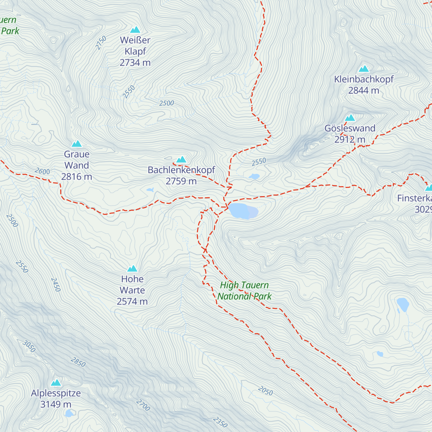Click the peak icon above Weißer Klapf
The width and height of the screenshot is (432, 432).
click(135, 30)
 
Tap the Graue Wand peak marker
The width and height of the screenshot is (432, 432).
click(77, 144)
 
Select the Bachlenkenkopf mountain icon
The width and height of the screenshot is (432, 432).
click(181, 159)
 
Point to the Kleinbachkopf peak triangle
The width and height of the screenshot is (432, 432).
click(364, 69)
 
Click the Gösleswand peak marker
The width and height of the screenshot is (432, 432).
click(350, 118)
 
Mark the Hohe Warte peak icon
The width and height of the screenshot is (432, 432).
click(132, 269)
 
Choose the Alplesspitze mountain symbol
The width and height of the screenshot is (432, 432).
click(56, 383)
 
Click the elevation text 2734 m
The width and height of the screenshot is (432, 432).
click(135, 63)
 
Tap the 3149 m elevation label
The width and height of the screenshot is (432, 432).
click(56, 404)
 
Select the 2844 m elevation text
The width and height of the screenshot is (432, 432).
click(364, 90)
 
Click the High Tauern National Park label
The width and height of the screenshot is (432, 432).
click(244, 291)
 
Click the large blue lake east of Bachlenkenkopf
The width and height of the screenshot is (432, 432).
click(243, 211)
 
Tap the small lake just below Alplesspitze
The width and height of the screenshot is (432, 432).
click(68, 414)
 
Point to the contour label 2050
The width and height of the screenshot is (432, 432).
click(265, 391)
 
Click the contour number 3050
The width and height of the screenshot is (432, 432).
click(29, 346)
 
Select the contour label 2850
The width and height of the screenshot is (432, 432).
click(78, 362)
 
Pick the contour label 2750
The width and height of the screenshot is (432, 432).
click(101, 43)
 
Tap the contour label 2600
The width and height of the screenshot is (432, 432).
click(42, 171)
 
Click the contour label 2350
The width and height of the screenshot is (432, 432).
click(220, 422)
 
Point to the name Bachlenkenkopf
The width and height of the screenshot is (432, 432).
click(181, 170)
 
